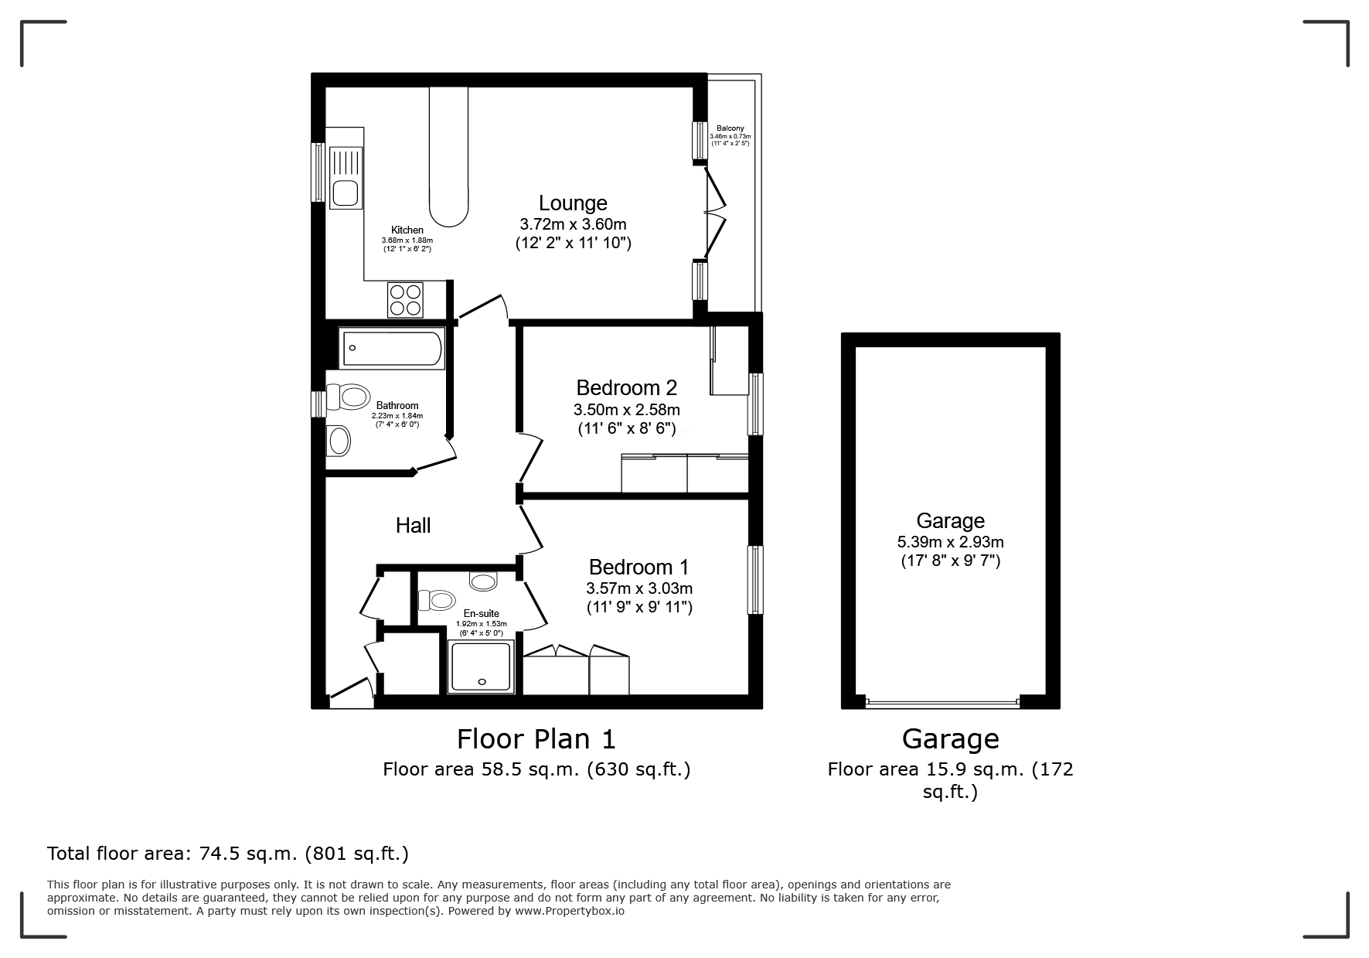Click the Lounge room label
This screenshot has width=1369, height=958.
(x=573, y=203)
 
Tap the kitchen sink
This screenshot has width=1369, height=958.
(x=345, y=177)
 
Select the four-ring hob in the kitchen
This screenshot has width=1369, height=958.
(x=406, y=299)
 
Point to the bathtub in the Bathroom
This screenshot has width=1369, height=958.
(x=391, y=348)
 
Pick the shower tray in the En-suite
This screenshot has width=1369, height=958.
(x=482, y=667)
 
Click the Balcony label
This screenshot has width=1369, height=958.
(x=730, y=128)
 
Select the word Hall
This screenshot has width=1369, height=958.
(x=413, y=526)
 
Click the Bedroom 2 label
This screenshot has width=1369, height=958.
(x=627, y=387)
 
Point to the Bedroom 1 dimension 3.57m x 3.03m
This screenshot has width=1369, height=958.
(x=639, y=588)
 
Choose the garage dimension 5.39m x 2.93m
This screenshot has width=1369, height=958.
(x=951, y=542)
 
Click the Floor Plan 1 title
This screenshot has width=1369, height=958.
(x=536, y=739)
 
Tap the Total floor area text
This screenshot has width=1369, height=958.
(x=228, y=854)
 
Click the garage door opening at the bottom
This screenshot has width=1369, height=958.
(x=943, y=703)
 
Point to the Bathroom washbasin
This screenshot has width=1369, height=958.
(x=339, y=441)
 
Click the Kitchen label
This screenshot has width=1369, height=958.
(x=407, y=230)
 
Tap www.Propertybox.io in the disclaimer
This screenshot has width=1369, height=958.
(x=570, y=911)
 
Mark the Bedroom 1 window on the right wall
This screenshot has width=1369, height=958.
(x=754, y=581)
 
